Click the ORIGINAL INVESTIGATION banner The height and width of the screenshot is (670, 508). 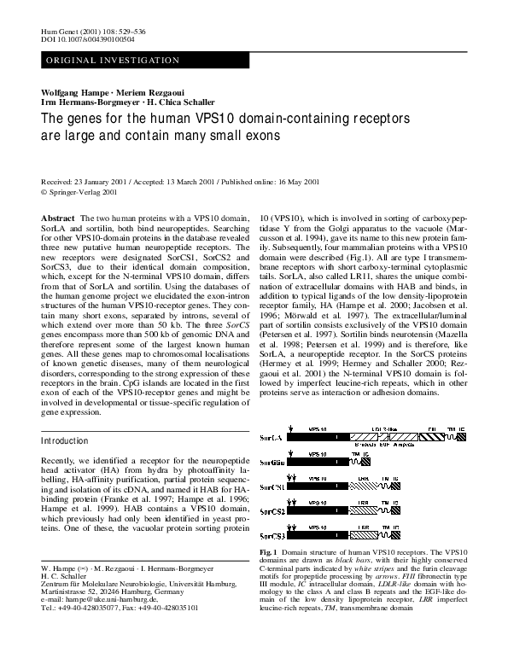tap(112, 61)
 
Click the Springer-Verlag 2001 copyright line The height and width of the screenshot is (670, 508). tap(80, 193)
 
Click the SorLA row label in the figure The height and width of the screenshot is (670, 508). tap(271, 435)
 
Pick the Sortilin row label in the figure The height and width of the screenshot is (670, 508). tap(272, 460)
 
